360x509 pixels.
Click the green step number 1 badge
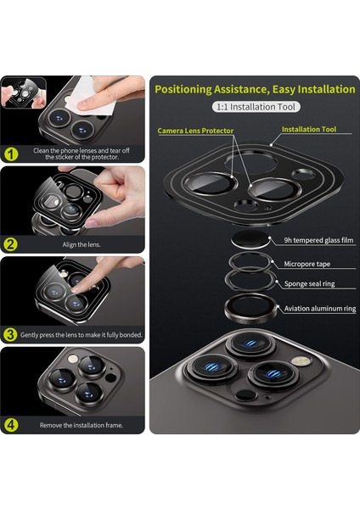pos(11,154)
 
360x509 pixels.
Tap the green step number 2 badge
pos(11,244)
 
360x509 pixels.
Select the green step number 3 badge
pos(11,334)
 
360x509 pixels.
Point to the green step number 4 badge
pos(11,425)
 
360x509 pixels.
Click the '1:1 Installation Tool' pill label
pos(256,107)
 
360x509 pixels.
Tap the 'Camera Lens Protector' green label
pos(195,131)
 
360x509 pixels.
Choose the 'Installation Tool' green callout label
pos(309,129)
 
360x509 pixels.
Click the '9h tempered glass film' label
pos(318,240)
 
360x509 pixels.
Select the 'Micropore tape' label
pos(307,264)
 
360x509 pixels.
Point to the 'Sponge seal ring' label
pos(310,283)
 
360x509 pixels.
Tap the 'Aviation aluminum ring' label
pos(320,309)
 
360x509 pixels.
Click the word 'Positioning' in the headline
pos(183,89)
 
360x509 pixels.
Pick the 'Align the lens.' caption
pos(82,244)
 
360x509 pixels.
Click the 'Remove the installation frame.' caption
pos(82,425)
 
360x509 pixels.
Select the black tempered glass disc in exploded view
pos(250,239)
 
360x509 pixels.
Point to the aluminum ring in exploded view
pos(250,309)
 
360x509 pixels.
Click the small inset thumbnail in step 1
pos(24,92)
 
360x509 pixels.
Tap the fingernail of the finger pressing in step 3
pos(75,289)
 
